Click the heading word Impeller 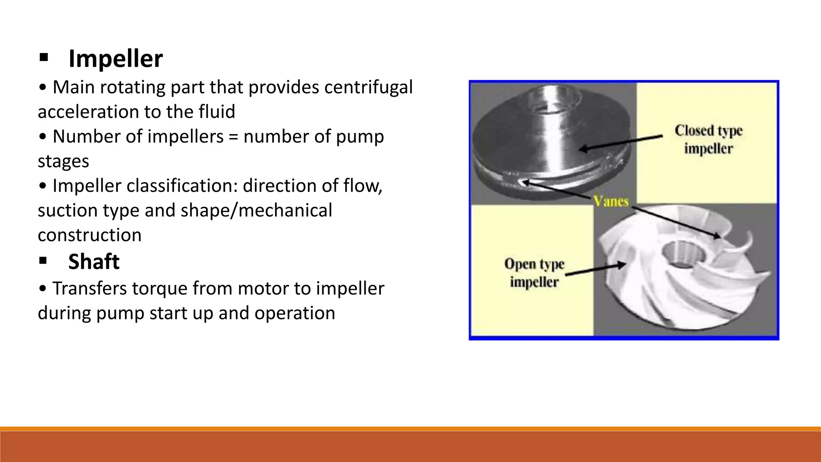point(115,59)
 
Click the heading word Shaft point(94,262)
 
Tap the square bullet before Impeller point(44,58)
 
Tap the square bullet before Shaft point(43,261)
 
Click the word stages point(63,161)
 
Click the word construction point(89,235)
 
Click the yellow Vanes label point(611,201)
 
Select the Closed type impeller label point(708,139)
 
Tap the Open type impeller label point(534,273)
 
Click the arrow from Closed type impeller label point(621,143)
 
